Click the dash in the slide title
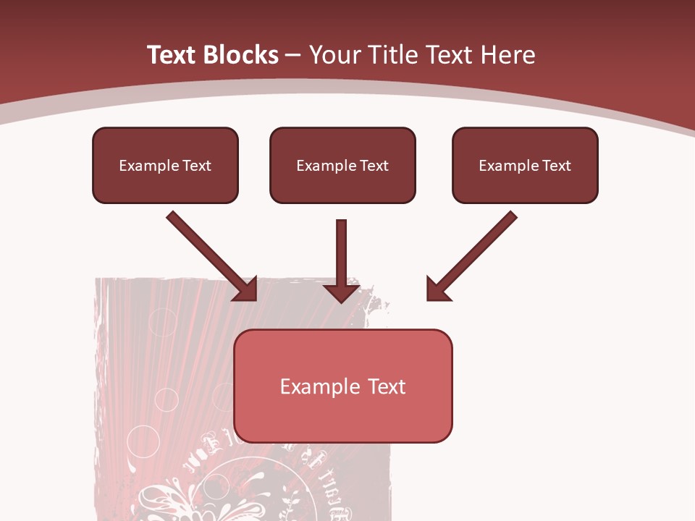(x=294, y=56)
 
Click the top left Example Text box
(x=165, y=165)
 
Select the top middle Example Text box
(x=342, y=165)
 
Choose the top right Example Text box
(x=525, y=165)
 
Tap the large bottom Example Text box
(x=343, y=386)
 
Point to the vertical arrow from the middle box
(x=342, y=253)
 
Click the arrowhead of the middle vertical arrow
(x=342, y=291)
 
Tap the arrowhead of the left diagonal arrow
(x=247, y=290)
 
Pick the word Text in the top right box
(x=557, y=166)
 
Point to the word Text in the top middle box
(x=374, y=166)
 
